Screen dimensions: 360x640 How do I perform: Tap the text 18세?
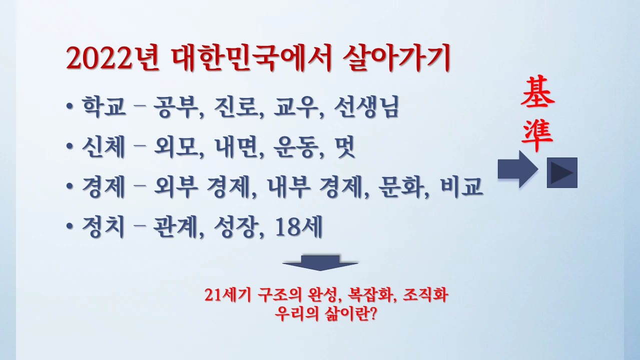[299, 228]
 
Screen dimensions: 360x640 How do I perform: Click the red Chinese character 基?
[537, 94]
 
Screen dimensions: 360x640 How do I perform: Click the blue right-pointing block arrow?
[517, 170]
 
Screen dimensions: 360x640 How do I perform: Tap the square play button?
[562, 172]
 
